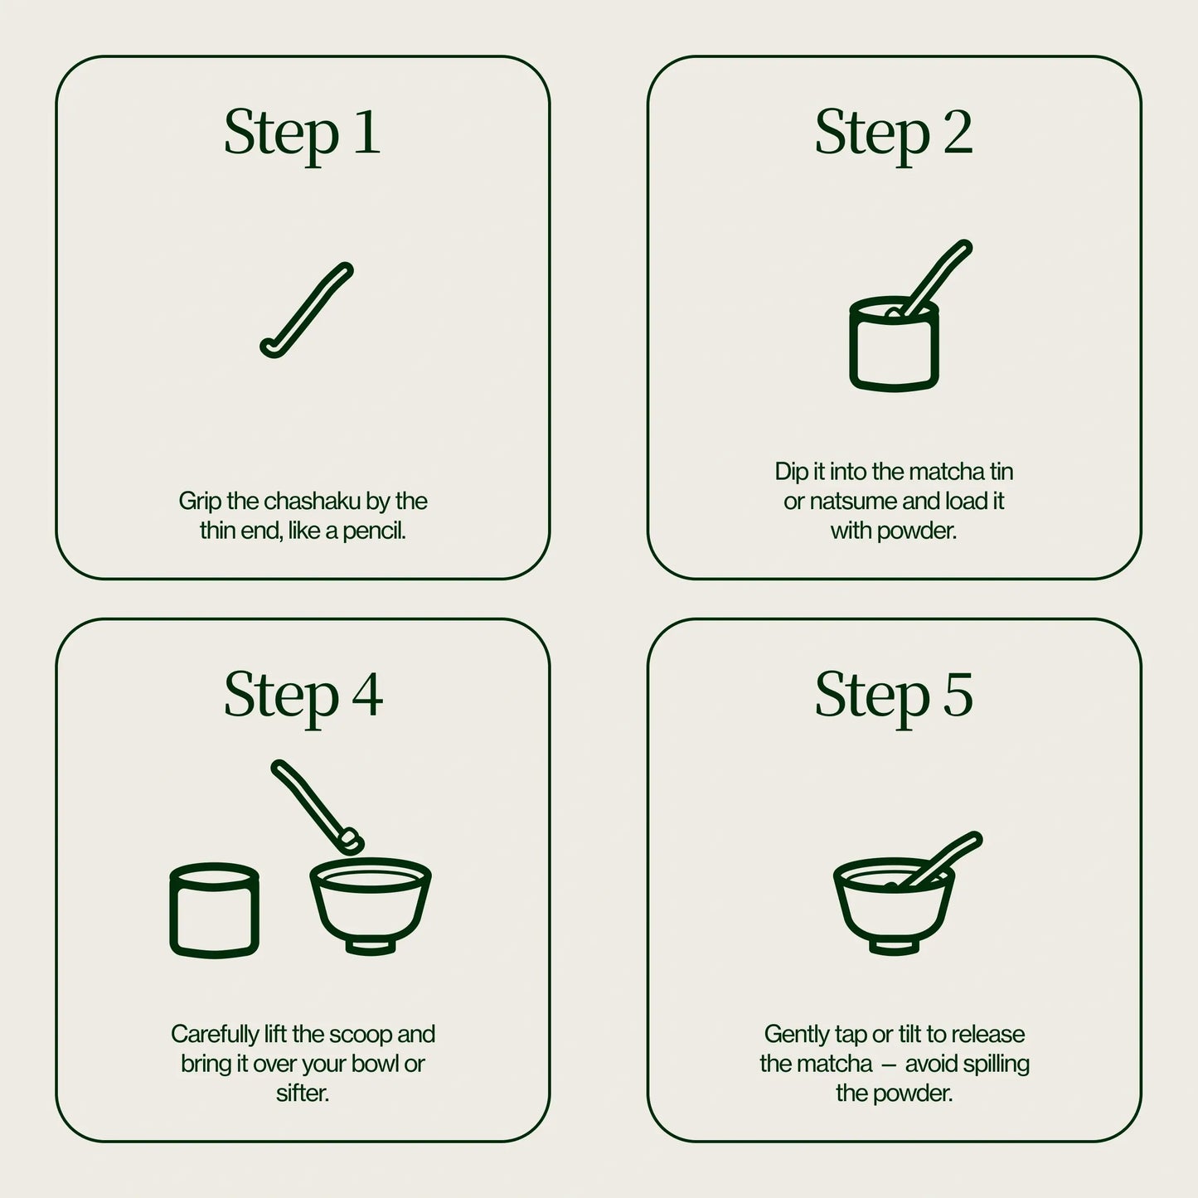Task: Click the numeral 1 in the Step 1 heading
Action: pos(367,132)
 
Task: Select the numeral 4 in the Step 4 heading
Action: pos(367,695)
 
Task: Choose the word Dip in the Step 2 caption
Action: pos(791,472)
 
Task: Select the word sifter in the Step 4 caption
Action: pos(302,1094)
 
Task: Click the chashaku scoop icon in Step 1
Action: pos(307,309)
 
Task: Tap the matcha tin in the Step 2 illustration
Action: pos(894,344)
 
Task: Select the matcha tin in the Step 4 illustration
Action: pos(215,909)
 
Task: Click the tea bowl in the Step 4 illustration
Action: pos(371,905)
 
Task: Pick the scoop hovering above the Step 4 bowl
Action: pos(318,807)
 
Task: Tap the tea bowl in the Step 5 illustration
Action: pos(894,906)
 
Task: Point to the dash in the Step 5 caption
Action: pos(889,1065)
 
